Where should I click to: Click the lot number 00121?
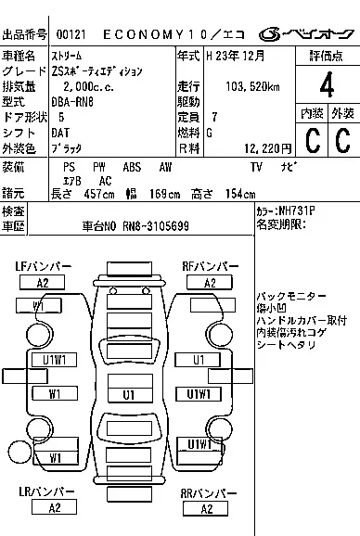point(71,33)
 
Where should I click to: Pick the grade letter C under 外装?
point(341,142)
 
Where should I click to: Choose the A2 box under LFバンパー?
point(43,282)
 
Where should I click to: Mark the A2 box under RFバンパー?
point(210,282)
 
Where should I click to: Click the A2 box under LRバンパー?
point(55,507)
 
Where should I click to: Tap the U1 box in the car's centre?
point(130,394)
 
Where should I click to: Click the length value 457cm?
point(88,193)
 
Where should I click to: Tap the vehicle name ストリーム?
point(67,57)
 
